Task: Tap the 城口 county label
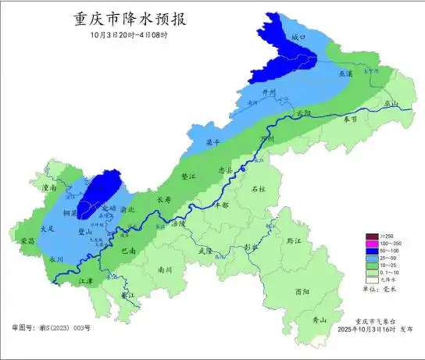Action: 297,37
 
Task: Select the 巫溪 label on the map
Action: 346,73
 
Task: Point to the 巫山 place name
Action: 391,104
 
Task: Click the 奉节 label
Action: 351,119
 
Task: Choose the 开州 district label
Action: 269,92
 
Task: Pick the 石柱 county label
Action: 259,189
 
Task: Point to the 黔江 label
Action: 294,242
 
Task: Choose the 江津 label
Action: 84,281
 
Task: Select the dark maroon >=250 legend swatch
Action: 372,237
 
